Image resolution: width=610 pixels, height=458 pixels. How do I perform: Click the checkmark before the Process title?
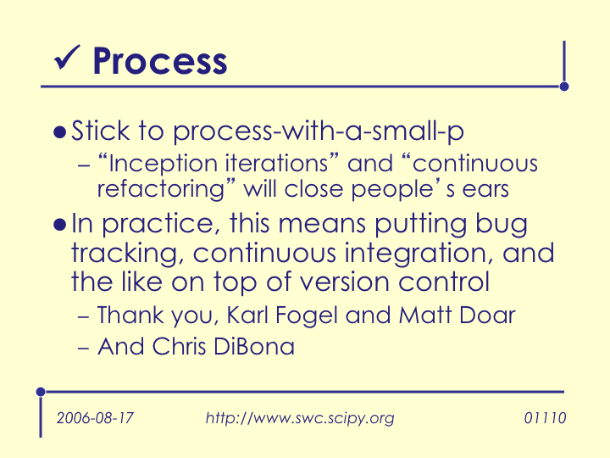67,58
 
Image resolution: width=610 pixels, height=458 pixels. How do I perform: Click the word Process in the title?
160,61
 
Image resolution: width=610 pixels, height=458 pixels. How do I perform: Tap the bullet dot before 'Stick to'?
59,132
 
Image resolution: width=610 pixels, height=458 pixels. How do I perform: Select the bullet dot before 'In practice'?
59,225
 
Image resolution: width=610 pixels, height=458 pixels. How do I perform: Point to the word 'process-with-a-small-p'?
319,131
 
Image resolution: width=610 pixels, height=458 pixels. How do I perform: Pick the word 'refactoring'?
161,190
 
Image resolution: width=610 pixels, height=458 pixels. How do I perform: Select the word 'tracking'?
125,254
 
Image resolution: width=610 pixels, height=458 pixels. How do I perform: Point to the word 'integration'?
415,254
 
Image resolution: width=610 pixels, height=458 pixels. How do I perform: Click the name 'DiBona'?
254,346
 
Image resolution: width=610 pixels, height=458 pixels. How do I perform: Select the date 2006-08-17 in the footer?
95,418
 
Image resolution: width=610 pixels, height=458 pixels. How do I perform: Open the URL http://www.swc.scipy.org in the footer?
300,418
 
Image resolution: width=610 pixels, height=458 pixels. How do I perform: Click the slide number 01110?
545,418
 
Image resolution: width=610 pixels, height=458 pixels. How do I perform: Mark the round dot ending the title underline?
564,87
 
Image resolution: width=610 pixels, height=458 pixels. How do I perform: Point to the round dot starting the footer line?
41,392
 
